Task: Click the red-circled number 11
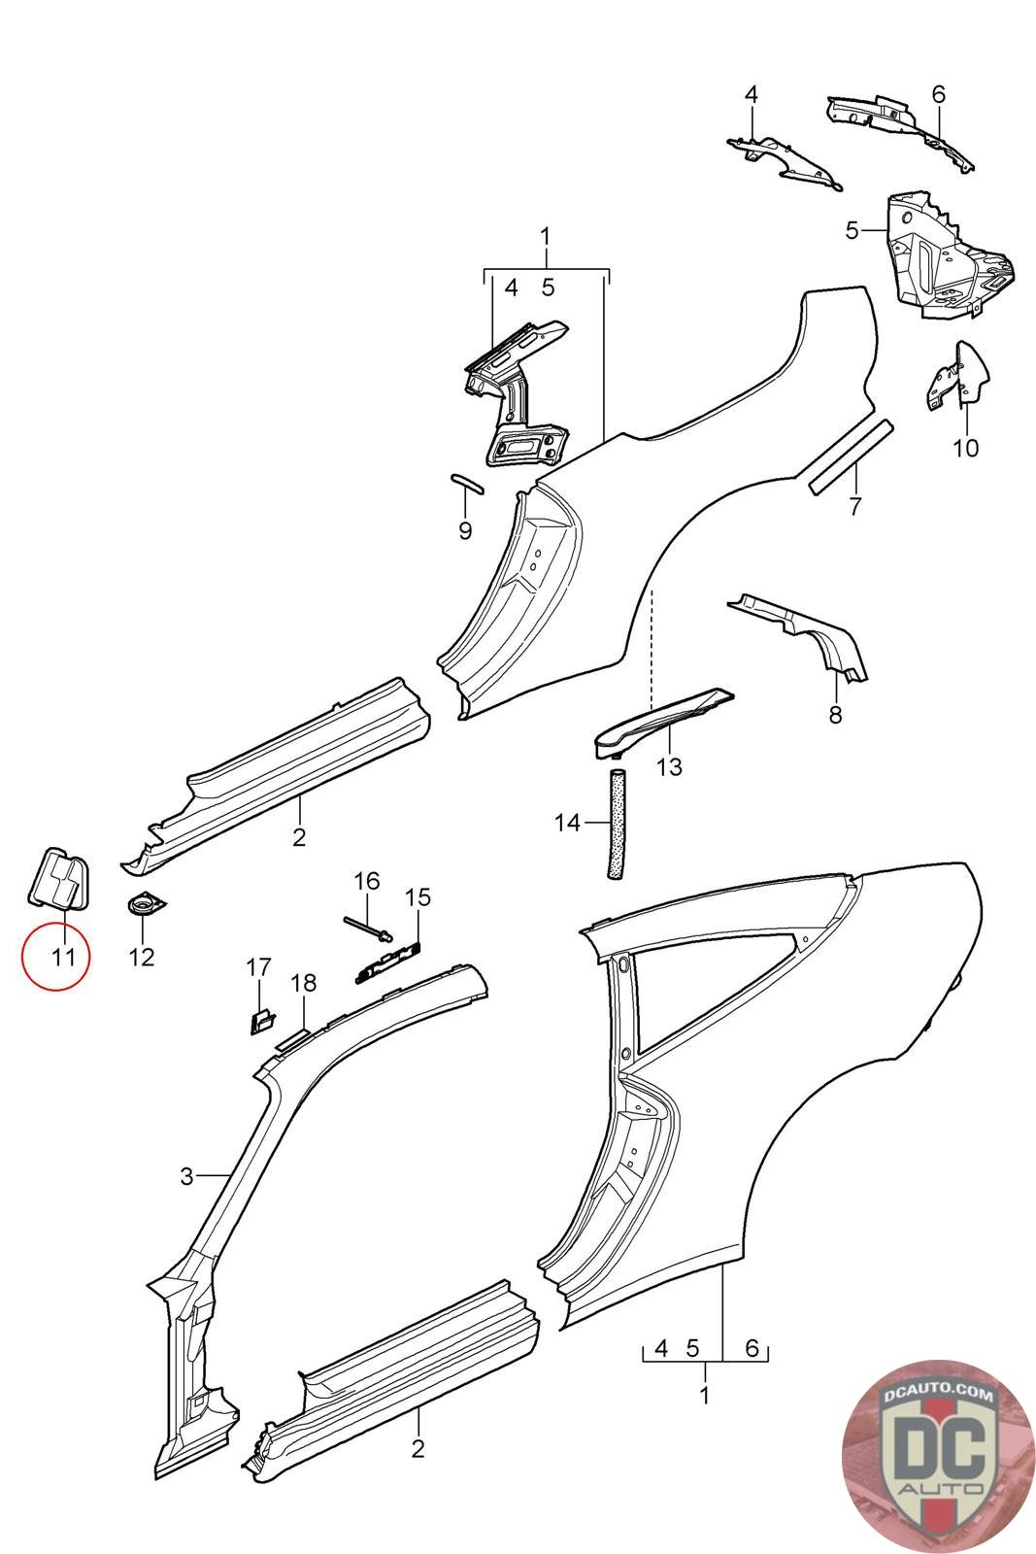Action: (x=63, y=957)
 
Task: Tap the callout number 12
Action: (x=142, y=957)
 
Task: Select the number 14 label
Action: (x=567, y=824)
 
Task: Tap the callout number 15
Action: (x=418, y=896)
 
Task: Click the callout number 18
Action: (x=304, y=983)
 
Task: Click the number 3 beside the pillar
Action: (x=187, y=1177)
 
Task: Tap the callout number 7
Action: (x=854, y=506)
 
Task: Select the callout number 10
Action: (x=966, y=448)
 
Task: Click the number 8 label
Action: (x=835, y=716)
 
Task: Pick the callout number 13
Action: (x=669, y=766)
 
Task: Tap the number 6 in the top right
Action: (x=938, y=94)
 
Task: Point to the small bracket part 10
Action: (x=957, y=379)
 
